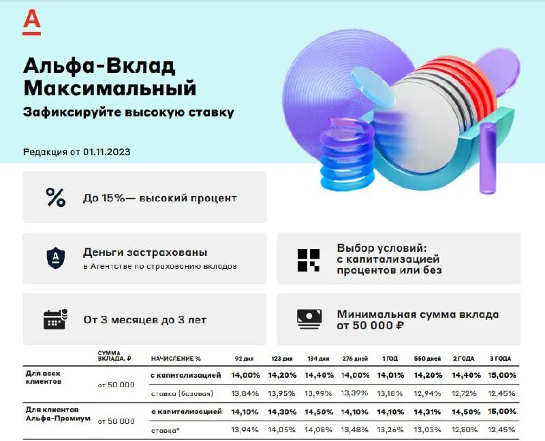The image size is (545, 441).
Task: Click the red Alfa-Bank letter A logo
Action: [31, 22]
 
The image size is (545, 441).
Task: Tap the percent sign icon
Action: [55, 197]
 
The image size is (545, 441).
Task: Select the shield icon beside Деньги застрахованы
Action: [55, 258]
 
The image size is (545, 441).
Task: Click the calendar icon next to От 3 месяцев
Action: [55, 318]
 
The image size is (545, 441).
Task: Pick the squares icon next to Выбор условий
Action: [308, 259]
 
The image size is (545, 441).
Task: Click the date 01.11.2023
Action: [106, 152]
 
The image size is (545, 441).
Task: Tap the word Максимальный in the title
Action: [110, 88]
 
